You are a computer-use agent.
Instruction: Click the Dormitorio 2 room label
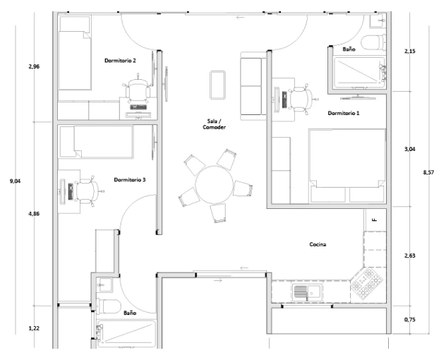tap(120, 61)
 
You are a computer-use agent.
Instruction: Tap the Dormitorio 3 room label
tap(130, 180)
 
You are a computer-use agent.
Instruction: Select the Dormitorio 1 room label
tap(344, 113)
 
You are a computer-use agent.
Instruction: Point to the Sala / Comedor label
tap(215, 124)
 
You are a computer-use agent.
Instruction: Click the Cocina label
tap(318, 244)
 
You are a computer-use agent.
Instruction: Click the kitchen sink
tap(308, 292)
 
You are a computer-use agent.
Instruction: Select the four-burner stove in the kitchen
tap(366, 284)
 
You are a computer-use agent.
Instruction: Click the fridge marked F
tap(375, 220)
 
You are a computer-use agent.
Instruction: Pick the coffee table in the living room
tap(218, 85)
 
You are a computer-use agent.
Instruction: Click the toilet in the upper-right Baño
tap(373, 43)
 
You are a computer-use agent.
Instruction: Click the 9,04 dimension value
tap(15, 181)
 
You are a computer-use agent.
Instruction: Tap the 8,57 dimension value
tap(428, 172)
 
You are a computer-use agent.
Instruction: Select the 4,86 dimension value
tap(34, 214)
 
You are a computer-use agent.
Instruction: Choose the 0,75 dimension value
tap(409, 320)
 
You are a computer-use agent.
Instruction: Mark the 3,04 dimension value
tap(409, 149)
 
